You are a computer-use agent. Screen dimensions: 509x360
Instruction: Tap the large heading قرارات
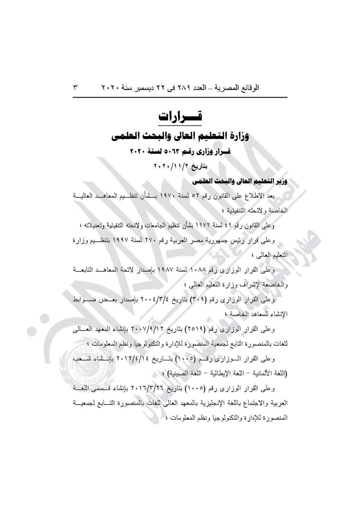click(180, 116)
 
